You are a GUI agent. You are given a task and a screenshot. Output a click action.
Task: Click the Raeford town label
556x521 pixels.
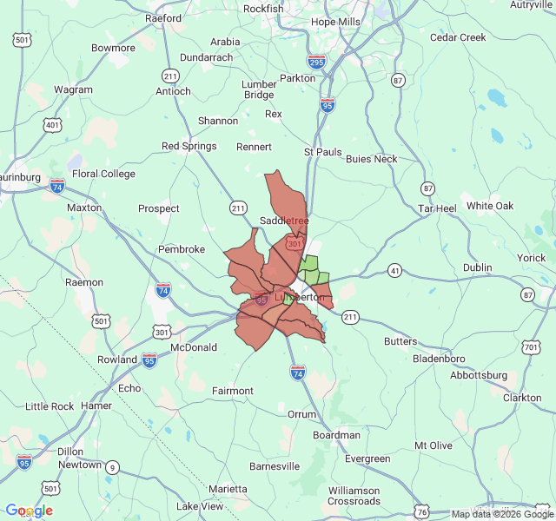click(x=163, y=17)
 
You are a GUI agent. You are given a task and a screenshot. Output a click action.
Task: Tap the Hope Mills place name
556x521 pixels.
click(x=334, y=22)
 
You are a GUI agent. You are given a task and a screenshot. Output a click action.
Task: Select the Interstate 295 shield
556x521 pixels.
click(x=316, y=62)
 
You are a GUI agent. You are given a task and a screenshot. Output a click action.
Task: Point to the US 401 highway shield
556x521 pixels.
click(x=53, y=125)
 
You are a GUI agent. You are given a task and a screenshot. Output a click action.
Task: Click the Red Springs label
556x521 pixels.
click(x=189, y=146)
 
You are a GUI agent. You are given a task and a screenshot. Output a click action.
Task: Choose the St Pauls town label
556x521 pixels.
click(x=322, y=152)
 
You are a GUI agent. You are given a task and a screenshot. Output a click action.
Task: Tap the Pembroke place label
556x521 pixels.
click(x=181, y=249)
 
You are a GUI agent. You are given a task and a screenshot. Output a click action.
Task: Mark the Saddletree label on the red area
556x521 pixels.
click(x=284, y=221)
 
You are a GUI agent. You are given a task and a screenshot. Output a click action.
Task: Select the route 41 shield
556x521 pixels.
click(x=395, y=272)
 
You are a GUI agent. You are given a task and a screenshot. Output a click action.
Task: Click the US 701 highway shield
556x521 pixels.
click(x=531, y=348)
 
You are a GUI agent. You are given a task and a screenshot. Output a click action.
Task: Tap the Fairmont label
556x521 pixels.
click(x=233, y=391)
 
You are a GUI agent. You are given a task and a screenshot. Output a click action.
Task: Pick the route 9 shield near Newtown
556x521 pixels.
click(x=111, y=467)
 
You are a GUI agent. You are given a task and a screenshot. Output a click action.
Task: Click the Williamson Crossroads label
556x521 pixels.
click(x=354, y=496)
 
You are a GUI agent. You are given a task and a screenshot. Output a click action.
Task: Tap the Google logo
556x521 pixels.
click(x=29, y=511)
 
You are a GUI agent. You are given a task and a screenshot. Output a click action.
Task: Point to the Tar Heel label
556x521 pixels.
click(x=437, y=209)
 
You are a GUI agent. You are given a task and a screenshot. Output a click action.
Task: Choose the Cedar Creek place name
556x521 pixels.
click(x=458, y=37)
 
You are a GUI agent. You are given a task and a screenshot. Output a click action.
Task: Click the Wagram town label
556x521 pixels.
click(x=73, y=89)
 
